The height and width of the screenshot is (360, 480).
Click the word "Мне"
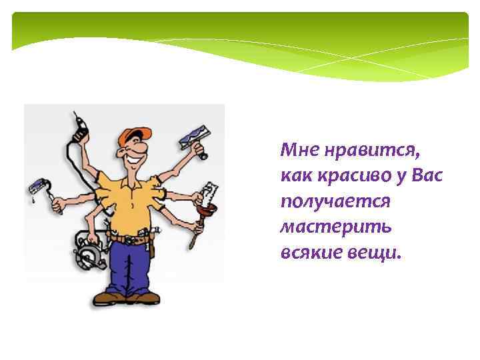tap(297, 150)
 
